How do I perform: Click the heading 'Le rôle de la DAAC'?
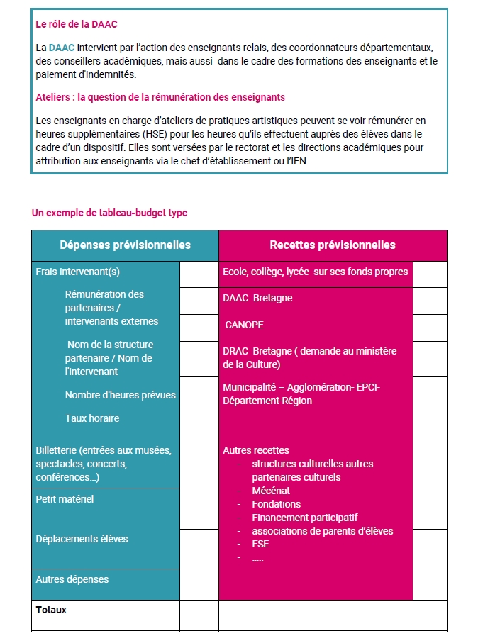pos(76,24)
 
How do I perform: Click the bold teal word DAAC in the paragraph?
pos(61,48)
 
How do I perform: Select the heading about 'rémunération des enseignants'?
pos(160,97)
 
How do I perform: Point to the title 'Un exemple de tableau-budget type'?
pos(109,213)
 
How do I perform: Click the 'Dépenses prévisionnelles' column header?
pos(125,245)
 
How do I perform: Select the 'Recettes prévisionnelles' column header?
pos(332,245)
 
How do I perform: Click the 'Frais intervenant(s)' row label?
pos(77,272)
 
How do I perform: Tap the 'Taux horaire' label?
pos(91,418)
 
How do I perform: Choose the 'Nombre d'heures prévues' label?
pos(120,395)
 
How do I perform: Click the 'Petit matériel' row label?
pos(65,499)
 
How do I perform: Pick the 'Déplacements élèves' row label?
pos(82,539)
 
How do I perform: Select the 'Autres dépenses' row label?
pos(72,579)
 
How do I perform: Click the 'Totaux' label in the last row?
pos(51,610)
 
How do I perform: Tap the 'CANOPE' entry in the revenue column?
pos(244,325)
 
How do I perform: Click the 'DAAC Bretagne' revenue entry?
pos(257,299)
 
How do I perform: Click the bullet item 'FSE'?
pos(260,545)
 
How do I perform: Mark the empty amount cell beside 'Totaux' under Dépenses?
pos(199,615)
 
